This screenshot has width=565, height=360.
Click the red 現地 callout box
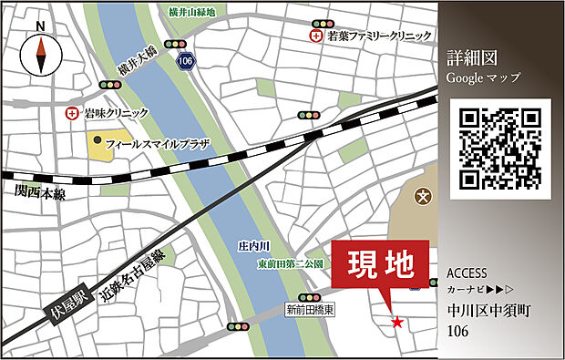point(377,265)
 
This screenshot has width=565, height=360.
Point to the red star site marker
point(396,322)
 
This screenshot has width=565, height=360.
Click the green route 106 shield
point(187,60)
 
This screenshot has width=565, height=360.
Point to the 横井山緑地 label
point(191,12)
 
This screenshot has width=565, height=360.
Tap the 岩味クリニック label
point(116,113)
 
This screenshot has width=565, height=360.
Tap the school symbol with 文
point(423,195)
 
